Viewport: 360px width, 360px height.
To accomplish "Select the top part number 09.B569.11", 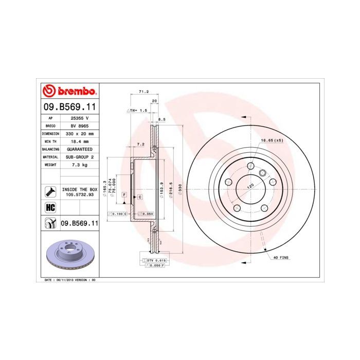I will click(x=68, y=107).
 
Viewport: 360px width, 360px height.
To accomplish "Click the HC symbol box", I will click(x=50, y=208).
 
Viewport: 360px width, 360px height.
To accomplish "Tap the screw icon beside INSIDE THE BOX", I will click(x=50, y=192).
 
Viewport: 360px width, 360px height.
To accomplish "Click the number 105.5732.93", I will click(x=79, y=195).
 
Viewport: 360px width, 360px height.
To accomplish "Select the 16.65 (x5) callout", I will click(x=272, y=140).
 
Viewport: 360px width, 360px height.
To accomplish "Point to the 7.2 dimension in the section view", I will click(x=140, y=144).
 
